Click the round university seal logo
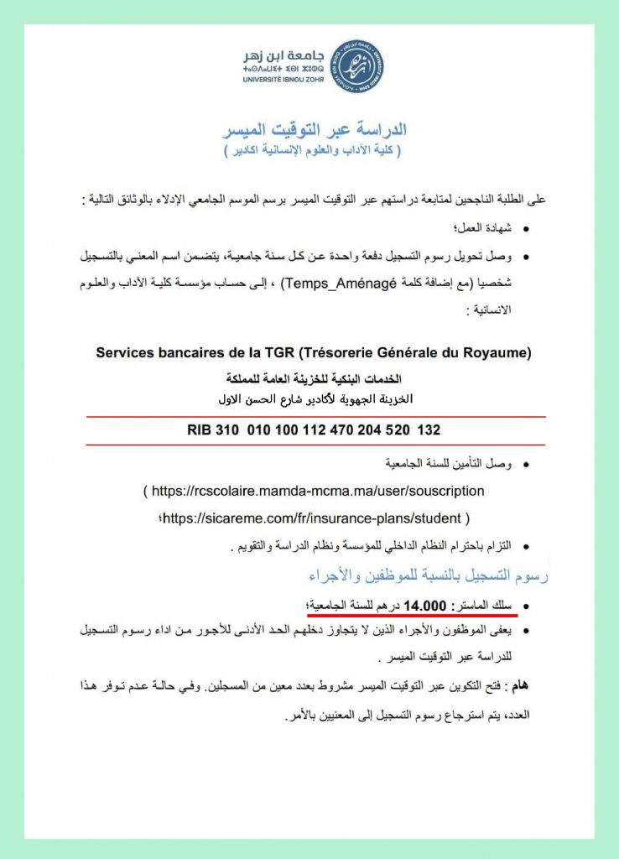point(356,65)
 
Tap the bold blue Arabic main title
point(315,130)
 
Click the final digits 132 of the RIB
point(428,430)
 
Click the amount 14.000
point(424,605)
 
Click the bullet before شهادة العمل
point(526,228)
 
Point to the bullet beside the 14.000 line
point(526,606)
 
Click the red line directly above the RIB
point(315,416)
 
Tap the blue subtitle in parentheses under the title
point(315,151)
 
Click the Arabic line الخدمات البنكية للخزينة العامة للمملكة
point(315,380)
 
